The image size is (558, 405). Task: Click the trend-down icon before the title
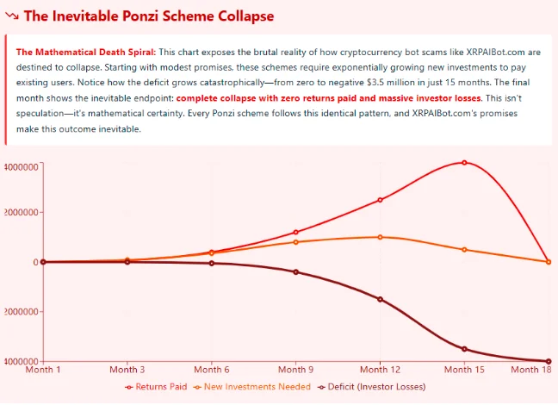click(11, 16)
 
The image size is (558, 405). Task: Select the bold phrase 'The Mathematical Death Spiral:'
click(84, 52)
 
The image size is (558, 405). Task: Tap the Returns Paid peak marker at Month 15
click(464, 162)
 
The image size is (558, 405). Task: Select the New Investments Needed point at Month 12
click(380, 237)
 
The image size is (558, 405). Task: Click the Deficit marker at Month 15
click(464, 349)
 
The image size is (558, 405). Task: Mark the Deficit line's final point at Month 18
click(549, 361)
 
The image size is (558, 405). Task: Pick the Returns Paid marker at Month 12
click(380, 200)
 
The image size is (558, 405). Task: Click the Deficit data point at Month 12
click(380, 299)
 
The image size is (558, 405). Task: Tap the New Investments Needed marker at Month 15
click(464, 250)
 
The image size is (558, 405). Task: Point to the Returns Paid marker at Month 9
click(295, 232)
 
